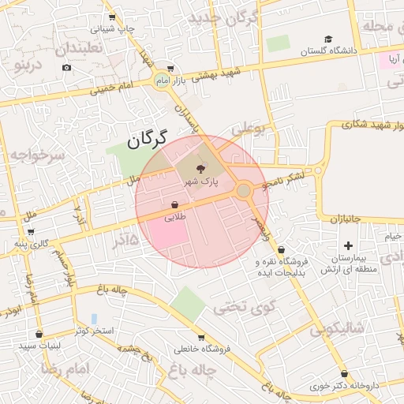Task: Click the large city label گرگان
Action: pos(148,140)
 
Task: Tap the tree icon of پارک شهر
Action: pos(199,167)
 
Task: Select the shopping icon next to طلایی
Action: pos(174,203)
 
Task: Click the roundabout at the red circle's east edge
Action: pos(244,190)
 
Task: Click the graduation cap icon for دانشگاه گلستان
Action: pos(328,39)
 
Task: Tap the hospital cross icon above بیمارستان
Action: pos(349,247)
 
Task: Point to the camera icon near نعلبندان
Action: pos(66,67)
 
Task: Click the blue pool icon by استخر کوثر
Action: pos(94,318)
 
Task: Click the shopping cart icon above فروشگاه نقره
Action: pos(282,249)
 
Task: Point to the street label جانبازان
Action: pos(344,217)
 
